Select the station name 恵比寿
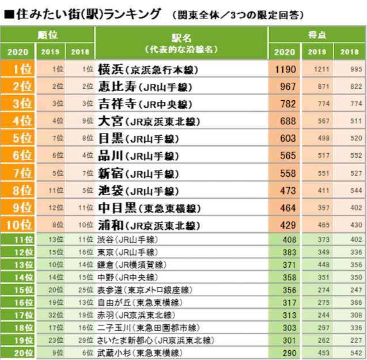pyautogui.click(x=115, y=87)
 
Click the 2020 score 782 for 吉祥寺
pyautogui.click(x=286, y=104)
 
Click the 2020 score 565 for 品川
pyautogui.click(x=286, y=156)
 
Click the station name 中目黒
pyautogui.click(x=115, y=207)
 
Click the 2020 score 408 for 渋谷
pyautogui.click(x=286, y=239)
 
